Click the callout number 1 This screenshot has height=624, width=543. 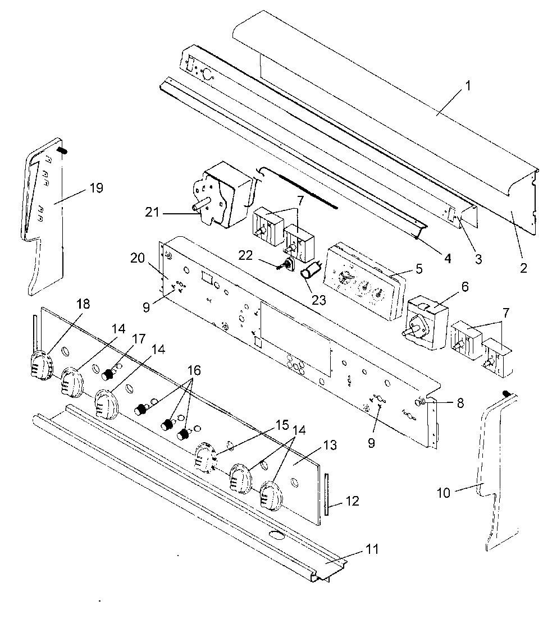(468, 86)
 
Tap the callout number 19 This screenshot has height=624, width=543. (96, 187)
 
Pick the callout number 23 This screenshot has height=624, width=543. (319, 299)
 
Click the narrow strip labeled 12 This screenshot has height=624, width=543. (326, 495)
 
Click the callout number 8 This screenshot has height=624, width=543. (460, 402)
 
